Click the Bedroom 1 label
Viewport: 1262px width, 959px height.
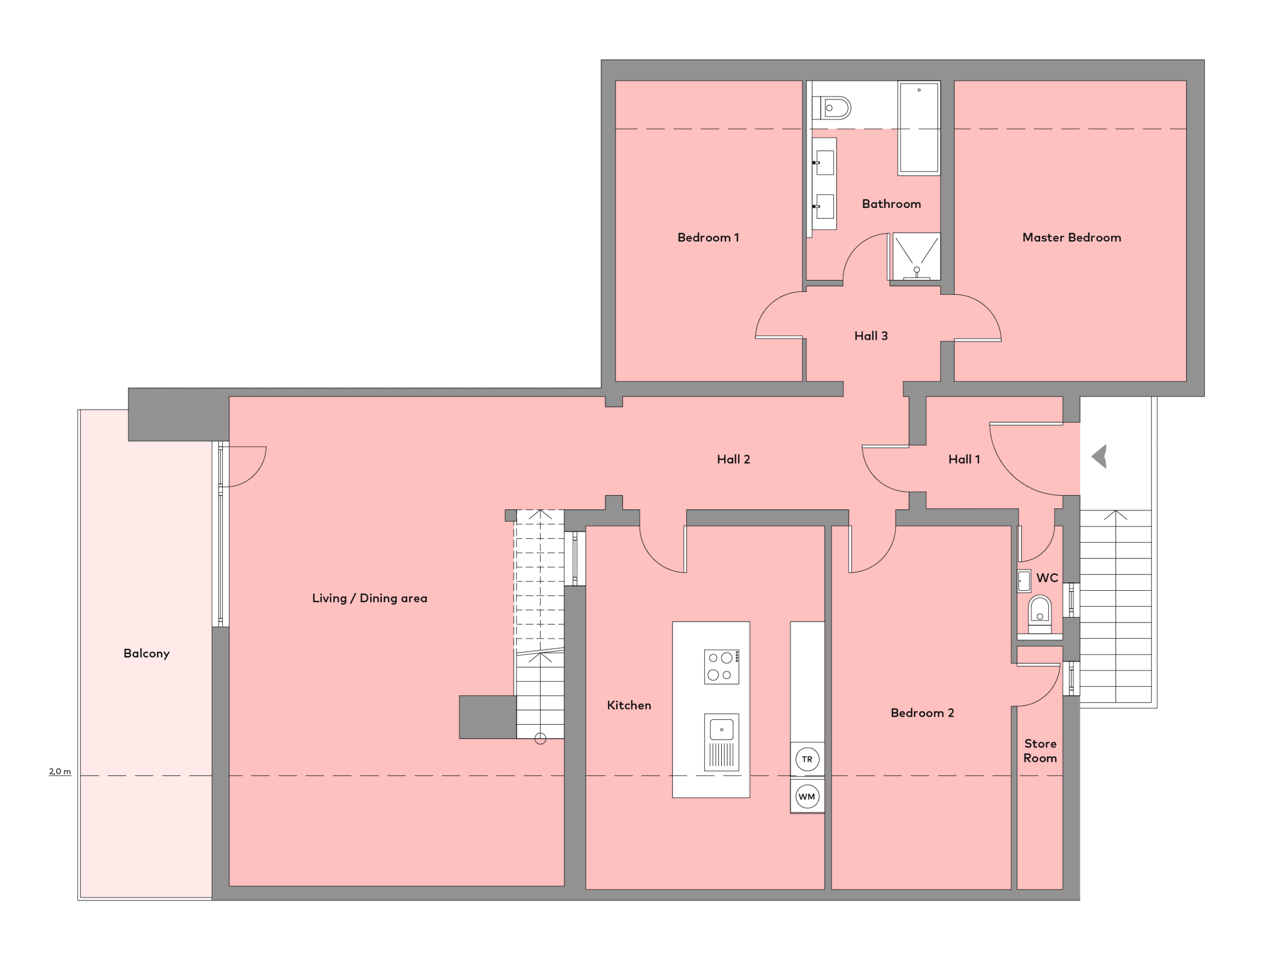(708, 238)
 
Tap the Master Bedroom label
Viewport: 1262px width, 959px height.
(1071, 238)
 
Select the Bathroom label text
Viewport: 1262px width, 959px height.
(891, 204)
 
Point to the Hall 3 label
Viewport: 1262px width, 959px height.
(871, 336)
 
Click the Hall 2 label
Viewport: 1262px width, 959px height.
(733, 459)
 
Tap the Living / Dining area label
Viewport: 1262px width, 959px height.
(369, 598)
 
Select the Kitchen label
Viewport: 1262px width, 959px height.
(629, 705)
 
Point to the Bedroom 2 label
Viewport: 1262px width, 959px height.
(922, 712)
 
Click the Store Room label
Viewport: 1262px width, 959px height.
(1040, 750)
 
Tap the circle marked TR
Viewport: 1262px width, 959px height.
(807, 759)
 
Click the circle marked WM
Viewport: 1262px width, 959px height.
(807, 797)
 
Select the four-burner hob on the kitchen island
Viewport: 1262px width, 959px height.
(722, 667)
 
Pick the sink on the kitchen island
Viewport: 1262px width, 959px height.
(722, 743)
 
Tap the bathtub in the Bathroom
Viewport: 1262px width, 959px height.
(919, 128)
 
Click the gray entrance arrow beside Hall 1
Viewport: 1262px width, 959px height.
(1099, 457)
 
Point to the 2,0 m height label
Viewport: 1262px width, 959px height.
(60, 772)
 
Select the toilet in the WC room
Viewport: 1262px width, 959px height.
(1039, 614)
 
